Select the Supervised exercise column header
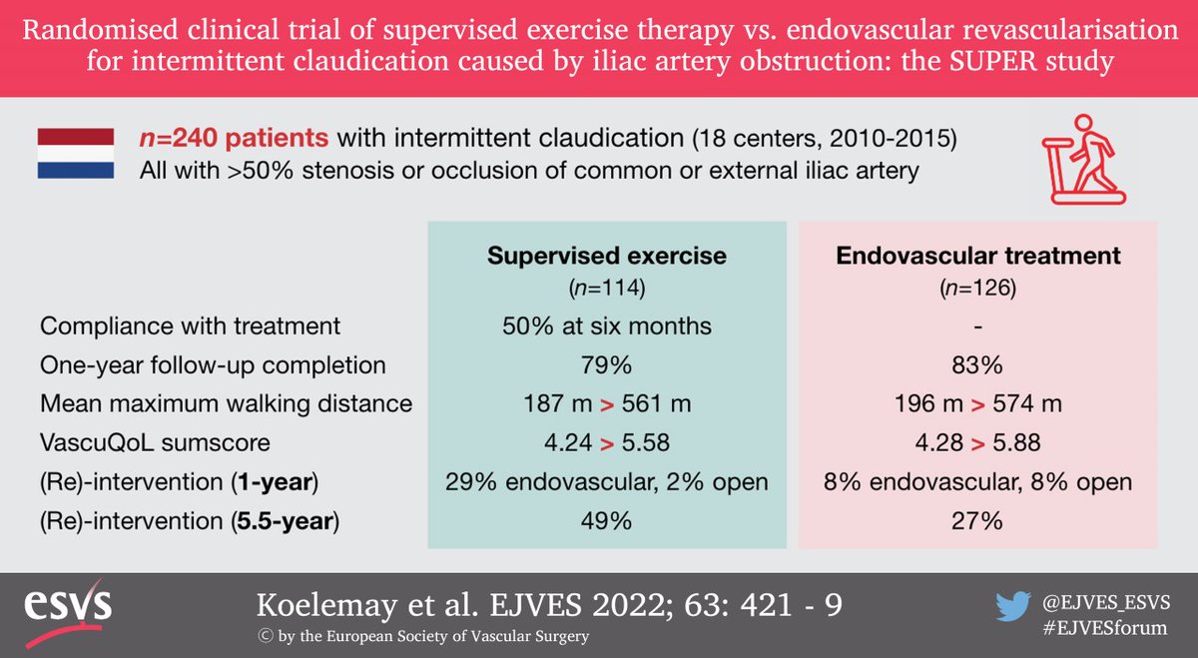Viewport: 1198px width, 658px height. [x=606, y=257]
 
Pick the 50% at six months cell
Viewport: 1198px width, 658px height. [x=606, y=326]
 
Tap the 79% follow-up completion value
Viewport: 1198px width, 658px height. [x=606, y=364]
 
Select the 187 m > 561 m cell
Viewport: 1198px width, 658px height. [x=606, y=404]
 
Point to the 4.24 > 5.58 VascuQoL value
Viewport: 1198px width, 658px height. [x=606, y=443]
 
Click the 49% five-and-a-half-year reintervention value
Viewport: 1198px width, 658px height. [x=606, y=521]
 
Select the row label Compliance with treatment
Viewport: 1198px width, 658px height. [x=191, y=326]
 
